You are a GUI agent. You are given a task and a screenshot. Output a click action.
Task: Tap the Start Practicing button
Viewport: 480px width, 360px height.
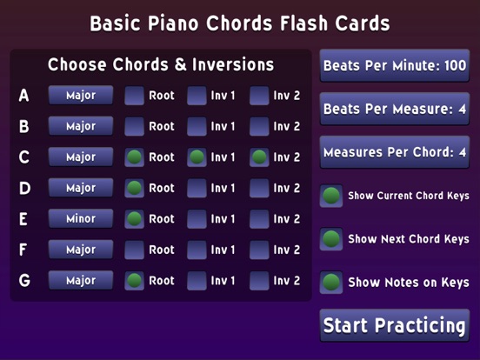394,325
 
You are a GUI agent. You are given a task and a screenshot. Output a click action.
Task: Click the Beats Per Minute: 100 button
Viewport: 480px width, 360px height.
394,65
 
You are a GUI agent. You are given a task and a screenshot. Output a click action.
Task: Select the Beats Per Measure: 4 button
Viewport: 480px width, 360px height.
394,109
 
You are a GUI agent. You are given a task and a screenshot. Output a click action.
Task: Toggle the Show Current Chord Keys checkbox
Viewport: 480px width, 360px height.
331,196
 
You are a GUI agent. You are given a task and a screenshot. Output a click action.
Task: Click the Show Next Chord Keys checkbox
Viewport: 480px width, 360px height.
331,238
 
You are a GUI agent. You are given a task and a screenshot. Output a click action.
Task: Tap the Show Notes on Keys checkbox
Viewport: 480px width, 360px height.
331,282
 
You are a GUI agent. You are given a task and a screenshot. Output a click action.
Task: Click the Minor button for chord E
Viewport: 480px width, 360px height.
81,219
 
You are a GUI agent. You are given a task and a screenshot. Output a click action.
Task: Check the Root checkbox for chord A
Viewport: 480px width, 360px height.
134,96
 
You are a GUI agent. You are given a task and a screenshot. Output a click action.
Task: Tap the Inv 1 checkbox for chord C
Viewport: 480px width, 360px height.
197,157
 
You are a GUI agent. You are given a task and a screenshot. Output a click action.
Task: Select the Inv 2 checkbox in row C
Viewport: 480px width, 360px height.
260,157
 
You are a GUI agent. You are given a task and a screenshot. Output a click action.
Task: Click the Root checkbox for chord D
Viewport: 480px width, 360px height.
134,188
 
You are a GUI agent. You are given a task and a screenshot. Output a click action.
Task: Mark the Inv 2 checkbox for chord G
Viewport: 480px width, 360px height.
260,281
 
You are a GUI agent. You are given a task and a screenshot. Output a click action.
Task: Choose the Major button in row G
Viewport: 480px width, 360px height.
81,281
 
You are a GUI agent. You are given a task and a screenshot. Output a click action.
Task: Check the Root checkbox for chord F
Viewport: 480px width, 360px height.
134,250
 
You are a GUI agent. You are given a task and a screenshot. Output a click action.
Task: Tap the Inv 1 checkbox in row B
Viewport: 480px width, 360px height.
197,126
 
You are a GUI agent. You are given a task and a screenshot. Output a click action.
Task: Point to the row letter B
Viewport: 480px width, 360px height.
24,127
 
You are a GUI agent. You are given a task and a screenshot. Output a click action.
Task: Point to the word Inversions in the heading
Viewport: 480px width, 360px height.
230,65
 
